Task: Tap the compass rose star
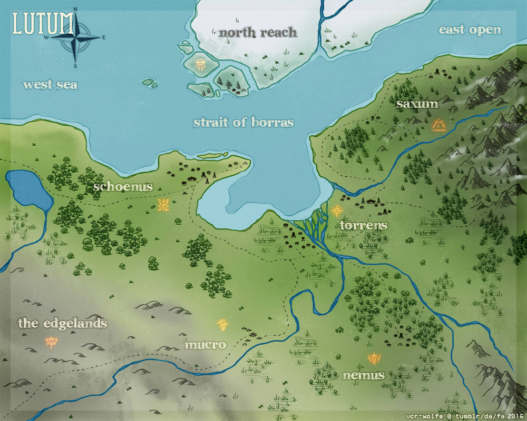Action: [x=76, y=39]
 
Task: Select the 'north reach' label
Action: [x=258, y=33]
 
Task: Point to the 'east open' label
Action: [x=470, y=30]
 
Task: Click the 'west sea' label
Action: [x=50, y=84]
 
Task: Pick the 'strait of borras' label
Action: [x=243, y=123]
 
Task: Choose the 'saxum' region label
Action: [x=417, y=104]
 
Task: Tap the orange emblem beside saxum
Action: [x=438, y=125]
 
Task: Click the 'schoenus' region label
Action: [x=123, y=186]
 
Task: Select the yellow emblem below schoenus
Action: [x=163, y=204]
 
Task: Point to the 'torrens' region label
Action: [x=364, y=226]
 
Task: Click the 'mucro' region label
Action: [x=206, y=345]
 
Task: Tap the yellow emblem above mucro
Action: [x=223, y=324]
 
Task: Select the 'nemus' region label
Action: [x=363, y=376]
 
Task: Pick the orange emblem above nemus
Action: [x=374, y=359]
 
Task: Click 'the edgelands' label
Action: [x=63, y=323]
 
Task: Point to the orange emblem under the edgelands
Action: [x=52, y=343]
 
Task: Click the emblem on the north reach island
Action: [x=200, y=65]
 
